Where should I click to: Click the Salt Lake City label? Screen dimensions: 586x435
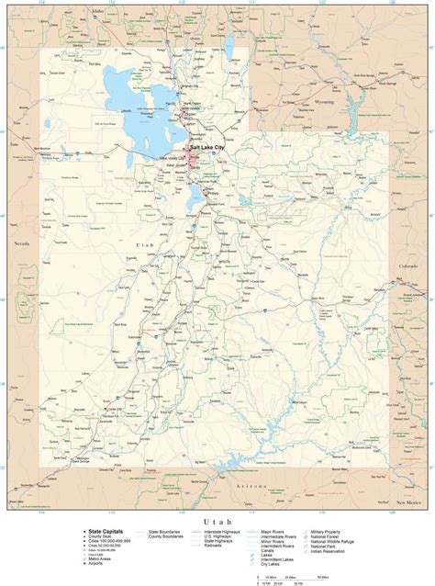[213, 147]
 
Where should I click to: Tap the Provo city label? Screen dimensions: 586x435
[214, 194]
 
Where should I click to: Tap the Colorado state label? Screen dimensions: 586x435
[407, 265]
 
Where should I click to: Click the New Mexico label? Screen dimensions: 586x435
[407, 503]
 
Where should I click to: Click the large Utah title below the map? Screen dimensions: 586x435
[217, 521]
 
